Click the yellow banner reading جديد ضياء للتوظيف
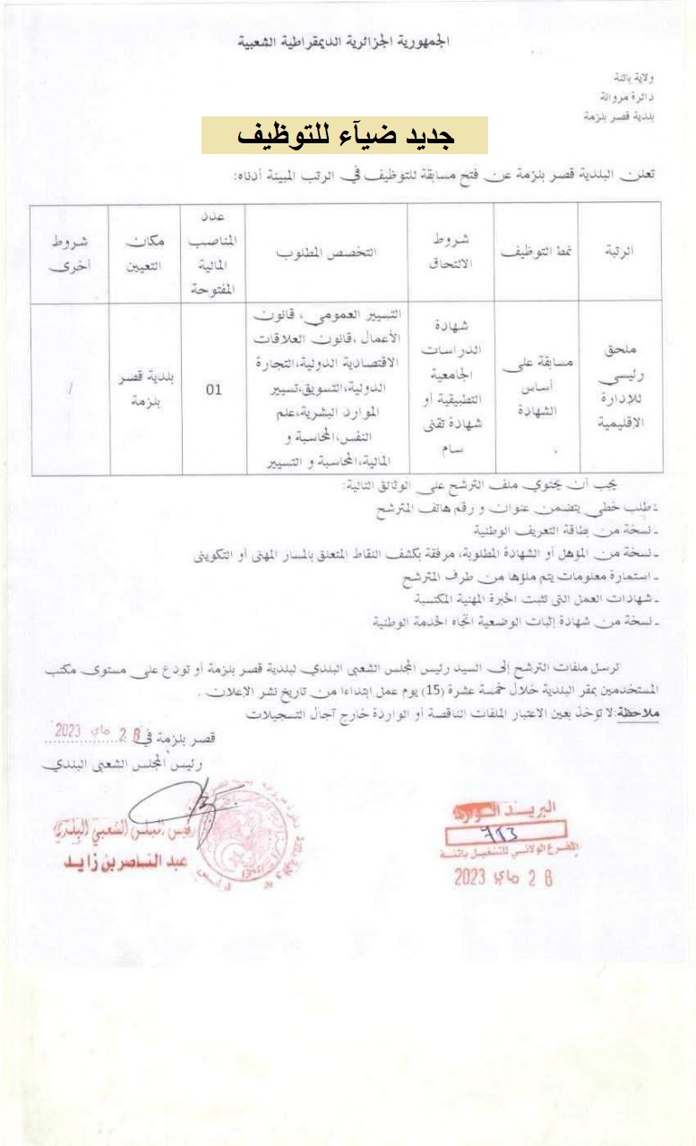(344, 135)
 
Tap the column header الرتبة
(620, 252)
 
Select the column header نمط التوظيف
(536, 252)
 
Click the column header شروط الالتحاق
(451, 252)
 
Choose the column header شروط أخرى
(69, 252)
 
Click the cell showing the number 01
(214, 389)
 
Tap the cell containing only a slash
(69, 389)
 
